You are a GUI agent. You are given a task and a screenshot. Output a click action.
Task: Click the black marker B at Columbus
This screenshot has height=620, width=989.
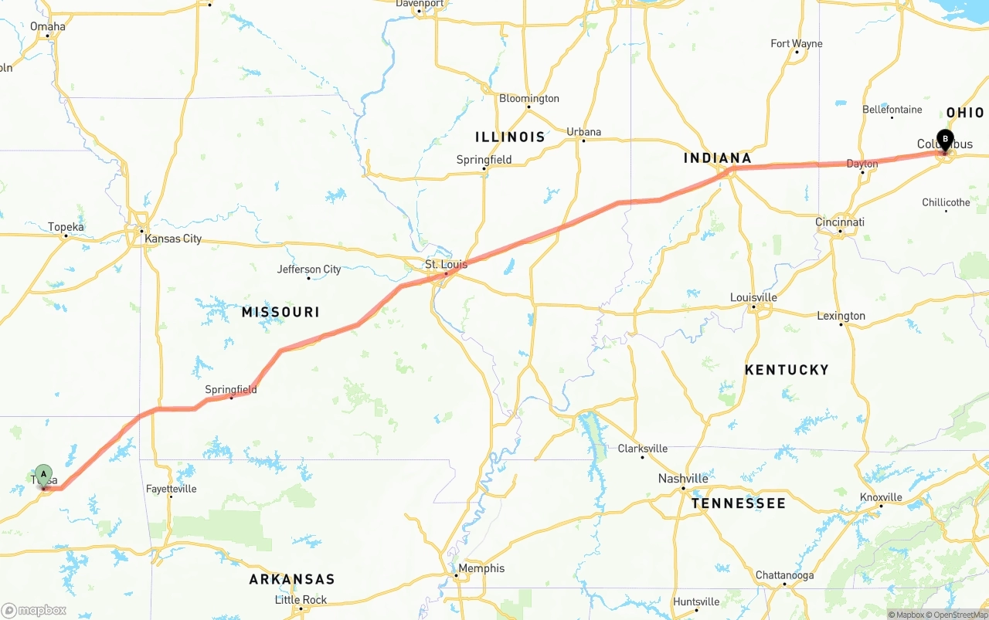tap(944, 139)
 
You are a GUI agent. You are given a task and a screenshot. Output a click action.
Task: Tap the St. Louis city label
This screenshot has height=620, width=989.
tap(446, 264)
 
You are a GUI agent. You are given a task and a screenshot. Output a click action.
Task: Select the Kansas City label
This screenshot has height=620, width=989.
tap(173, 239)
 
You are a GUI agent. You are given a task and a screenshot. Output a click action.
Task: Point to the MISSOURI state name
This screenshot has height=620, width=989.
tap(280, 312)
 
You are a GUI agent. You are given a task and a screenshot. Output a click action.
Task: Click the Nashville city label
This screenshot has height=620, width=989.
tap(683, 478)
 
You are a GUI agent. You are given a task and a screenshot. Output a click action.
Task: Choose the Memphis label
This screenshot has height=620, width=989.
tap(481, 568)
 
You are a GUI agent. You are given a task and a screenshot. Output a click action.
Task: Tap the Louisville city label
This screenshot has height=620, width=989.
tap(753, 297)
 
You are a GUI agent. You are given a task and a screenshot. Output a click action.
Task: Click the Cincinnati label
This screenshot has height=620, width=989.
tap(840, 222)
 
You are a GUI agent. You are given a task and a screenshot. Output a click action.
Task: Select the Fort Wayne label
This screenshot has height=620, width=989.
tap(796, 44)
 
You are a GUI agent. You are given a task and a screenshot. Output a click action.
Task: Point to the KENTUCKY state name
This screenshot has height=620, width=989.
tap(787, 370)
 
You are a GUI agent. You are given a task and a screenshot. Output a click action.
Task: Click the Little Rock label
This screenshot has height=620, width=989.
tap(301, 600)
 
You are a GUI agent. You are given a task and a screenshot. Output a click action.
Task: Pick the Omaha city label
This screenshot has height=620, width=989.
tap(48, 26)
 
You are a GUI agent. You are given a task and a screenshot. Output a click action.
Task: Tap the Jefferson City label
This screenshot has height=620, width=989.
tap(309, 269)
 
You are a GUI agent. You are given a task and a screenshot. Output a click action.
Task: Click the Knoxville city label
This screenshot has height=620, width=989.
tap(881, 497)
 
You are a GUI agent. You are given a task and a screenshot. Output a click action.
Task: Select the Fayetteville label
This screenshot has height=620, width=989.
tap(171, 489)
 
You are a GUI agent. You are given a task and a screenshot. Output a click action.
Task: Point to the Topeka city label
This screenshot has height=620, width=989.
tap(66, 227)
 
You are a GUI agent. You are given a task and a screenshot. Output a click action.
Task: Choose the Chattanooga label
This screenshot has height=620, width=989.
tap(784, 575)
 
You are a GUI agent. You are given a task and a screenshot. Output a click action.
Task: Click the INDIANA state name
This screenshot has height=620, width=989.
tap(717, 158)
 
